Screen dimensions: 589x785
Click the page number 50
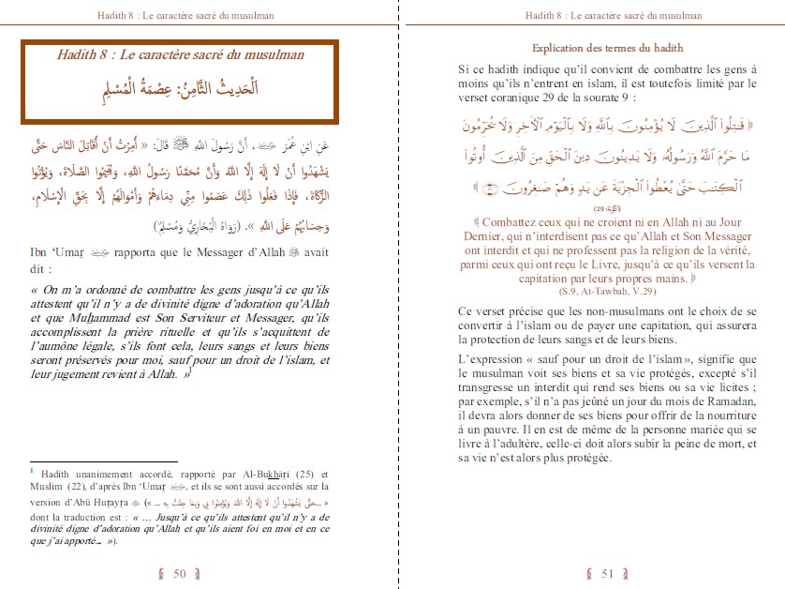pos(181,573)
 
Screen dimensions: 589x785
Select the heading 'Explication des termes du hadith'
pos(607,48)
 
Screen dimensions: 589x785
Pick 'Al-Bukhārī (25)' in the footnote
pos(260,474)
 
